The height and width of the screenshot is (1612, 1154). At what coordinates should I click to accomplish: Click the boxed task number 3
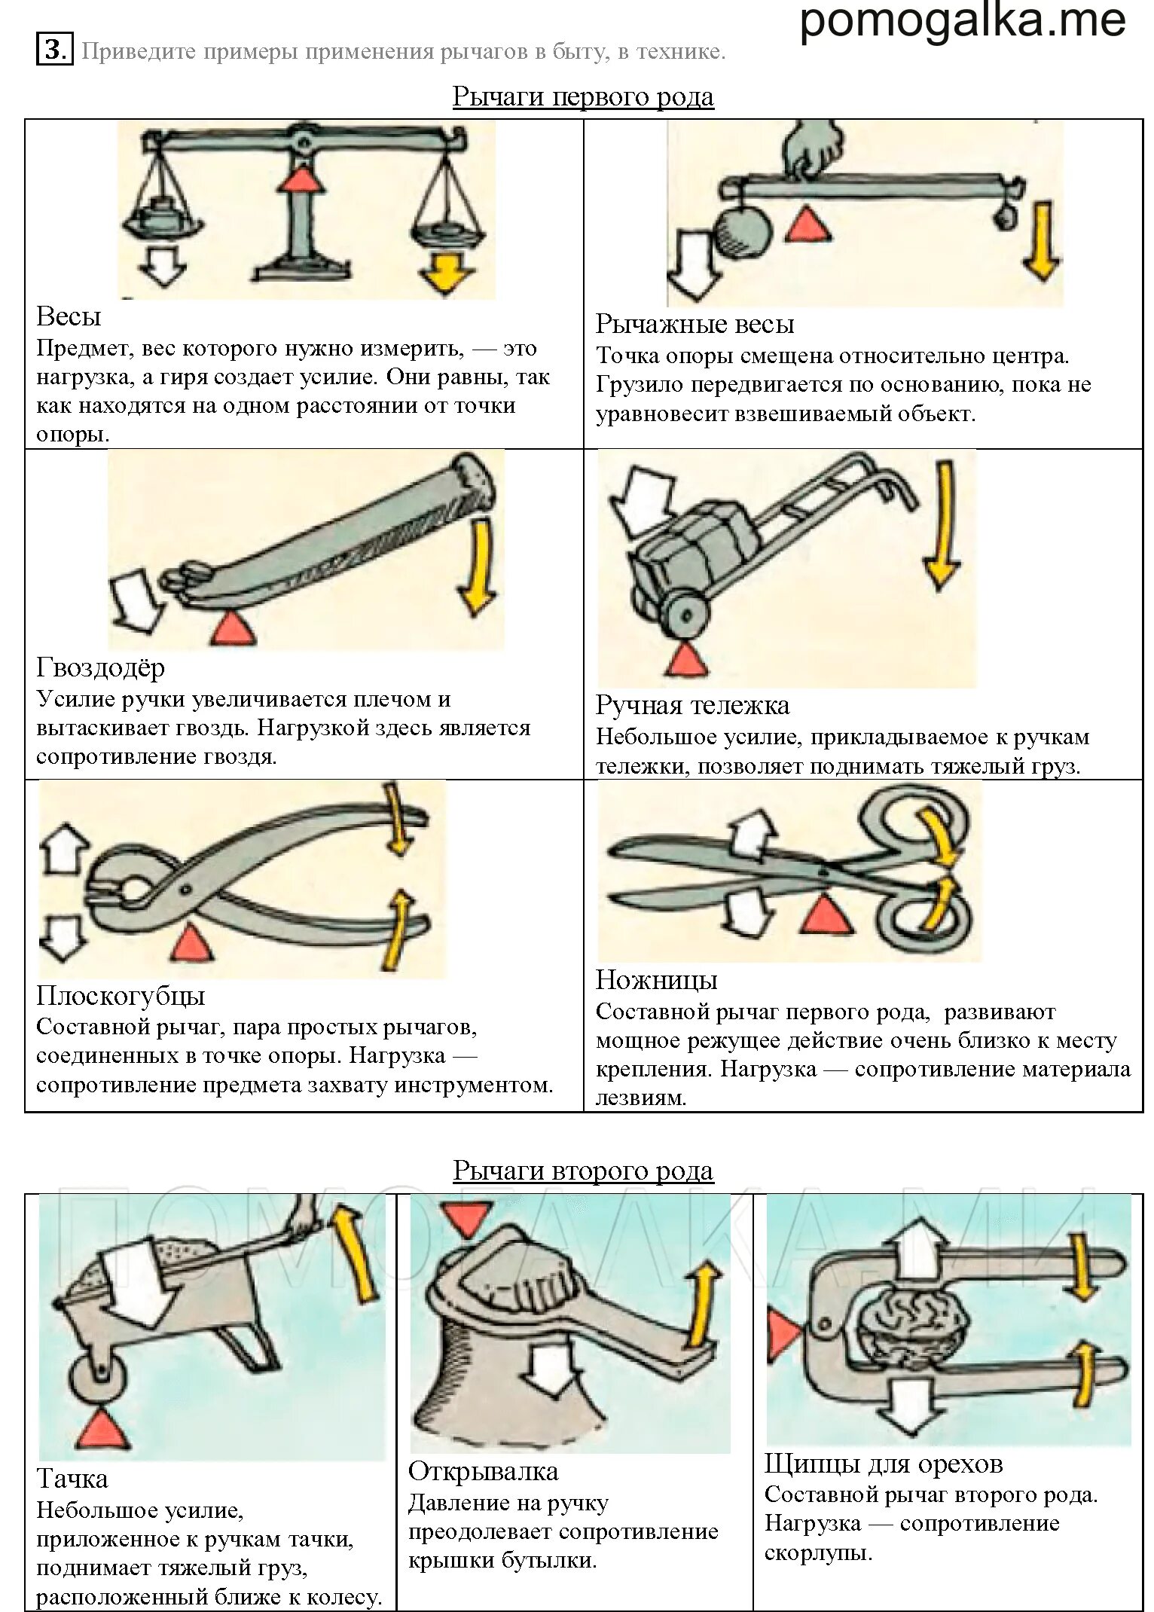[54, 50]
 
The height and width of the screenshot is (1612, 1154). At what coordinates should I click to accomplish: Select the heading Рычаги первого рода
[582, 97]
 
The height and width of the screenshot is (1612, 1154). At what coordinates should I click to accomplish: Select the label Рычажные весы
[695, 325]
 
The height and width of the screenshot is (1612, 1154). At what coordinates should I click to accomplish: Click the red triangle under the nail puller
[231, 627]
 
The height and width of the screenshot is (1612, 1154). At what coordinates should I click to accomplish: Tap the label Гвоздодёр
[100, 667]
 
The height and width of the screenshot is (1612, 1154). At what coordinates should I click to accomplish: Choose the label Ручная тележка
[692, 705]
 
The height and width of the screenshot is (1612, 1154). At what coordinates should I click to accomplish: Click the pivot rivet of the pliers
[185, 889]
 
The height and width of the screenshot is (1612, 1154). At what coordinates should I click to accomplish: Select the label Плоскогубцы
[121, 996]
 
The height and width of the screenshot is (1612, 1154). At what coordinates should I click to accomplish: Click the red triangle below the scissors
[823, 914]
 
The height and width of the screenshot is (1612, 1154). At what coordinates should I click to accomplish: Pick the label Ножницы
[656, 980]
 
